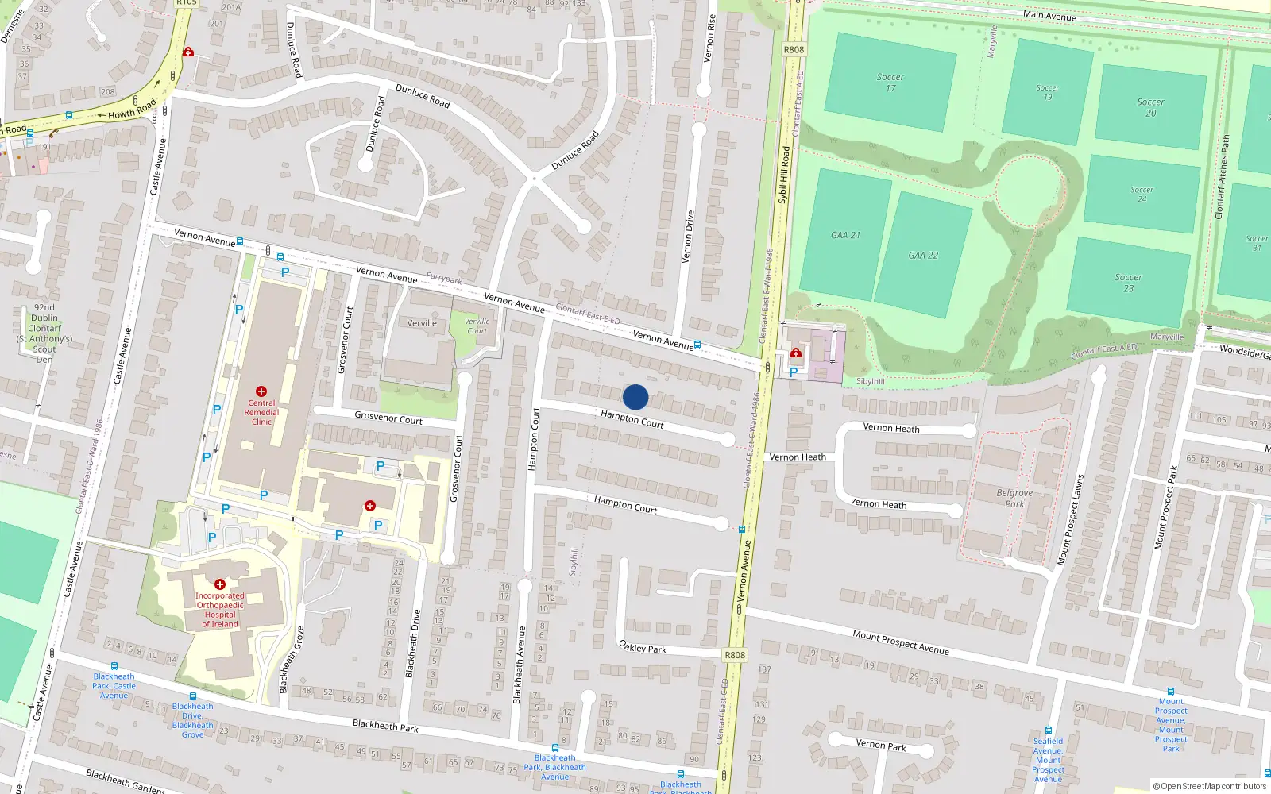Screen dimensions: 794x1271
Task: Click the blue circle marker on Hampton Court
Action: (x=635, y=397)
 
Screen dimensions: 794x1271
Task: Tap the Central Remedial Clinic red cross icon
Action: (x=261, y=391)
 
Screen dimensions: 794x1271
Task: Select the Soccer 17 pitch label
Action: (x=890, y=83)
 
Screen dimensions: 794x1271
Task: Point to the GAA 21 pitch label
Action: (x=845, y=235)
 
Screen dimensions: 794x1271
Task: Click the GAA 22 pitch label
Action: (x=923, y=256)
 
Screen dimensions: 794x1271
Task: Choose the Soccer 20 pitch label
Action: (x=1150, y=107)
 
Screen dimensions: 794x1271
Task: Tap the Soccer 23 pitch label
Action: (x=1128, y=283)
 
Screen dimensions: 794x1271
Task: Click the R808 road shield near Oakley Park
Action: (x=735, y=655)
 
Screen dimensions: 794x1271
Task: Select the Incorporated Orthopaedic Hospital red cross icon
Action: (x=220, y=584)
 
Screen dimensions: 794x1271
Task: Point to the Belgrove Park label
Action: (x=1014, y=498)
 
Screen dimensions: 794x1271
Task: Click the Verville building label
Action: (x=422, y=323)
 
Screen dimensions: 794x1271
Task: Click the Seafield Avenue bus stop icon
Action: (x=1049, y=730)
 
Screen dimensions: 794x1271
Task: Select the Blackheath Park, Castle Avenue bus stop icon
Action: (x=114, y=667)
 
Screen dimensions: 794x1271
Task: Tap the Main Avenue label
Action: (x=1049, y=15)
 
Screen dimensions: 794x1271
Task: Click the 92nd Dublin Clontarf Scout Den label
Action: (x=44, y=333)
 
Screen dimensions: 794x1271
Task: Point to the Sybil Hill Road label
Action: (x=783, y=175)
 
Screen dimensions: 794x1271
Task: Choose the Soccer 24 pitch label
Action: (x=1142, y=194)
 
